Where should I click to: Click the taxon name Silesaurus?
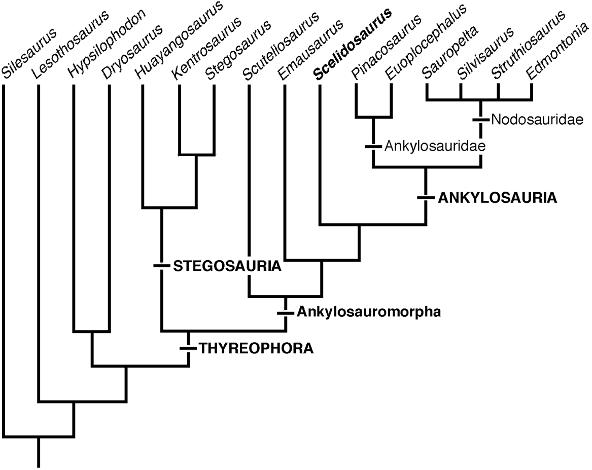(29, 53)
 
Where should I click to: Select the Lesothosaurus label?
(70, 45)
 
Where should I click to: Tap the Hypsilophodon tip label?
(107, 43)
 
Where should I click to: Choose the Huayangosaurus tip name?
(179, 40)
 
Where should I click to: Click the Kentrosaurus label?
(206, 48)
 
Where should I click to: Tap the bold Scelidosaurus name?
(353, 45)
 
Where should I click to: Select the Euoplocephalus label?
(426, 43)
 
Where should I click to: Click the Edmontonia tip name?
(557, 51)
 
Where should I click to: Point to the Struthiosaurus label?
(529, 45)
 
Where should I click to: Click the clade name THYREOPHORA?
(256, 348)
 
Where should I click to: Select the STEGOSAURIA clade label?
(227, 266)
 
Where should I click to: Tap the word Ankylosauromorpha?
(368, 312)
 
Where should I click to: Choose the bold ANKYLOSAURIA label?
(497, 198)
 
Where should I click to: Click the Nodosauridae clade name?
(537, 120)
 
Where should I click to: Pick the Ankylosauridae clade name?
(435, 146)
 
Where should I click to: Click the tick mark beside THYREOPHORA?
(188, 348)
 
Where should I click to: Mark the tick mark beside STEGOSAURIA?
(162, 266)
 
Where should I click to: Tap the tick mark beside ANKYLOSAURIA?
(426, 197)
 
